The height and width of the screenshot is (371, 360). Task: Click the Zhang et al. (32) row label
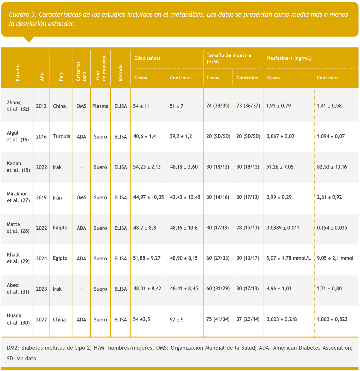point(18,106)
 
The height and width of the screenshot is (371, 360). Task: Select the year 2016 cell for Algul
point(41,136)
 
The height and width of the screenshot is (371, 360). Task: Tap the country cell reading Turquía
point(62,136)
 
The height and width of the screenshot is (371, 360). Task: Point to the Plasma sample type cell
point(100,106)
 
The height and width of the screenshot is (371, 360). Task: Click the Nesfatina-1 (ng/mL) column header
point(289,58)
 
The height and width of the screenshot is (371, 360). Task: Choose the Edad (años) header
point(147,58)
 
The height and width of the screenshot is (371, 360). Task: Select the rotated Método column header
point(121,73)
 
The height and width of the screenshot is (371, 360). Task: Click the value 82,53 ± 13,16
point(332,167)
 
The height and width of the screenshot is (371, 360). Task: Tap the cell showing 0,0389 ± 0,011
point(283,228)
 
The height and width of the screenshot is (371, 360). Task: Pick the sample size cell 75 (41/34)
point(218,319)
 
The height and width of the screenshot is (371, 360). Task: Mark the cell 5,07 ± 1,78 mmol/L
point(289,258)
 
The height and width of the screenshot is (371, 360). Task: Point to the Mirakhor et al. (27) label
point(18,197)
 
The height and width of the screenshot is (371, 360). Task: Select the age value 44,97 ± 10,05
point(148,197)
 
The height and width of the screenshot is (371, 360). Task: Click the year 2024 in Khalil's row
point(41,258)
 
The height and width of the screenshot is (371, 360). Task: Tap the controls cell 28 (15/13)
point(248,228)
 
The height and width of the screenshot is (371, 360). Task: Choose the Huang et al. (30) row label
point(18,319)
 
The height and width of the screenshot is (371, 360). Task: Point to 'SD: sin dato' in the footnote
point(22,358)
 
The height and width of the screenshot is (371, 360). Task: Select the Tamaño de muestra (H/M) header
point(229,58)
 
